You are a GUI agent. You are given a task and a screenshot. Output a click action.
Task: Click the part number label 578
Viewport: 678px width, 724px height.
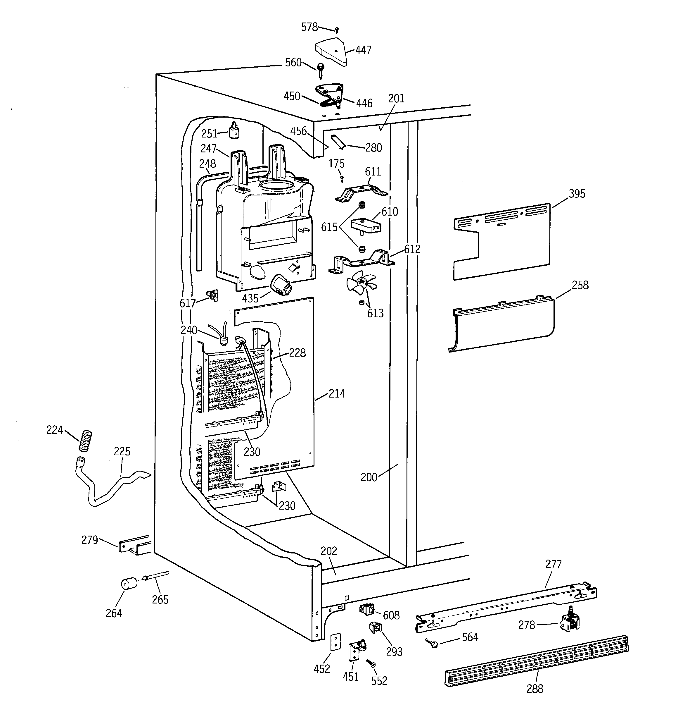tap(309, 27)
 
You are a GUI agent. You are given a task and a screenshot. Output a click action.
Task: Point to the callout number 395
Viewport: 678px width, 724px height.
tap(577, 194)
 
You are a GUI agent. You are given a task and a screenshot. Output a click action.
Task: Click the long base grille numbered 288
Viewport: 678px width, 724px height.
tap(537, 661)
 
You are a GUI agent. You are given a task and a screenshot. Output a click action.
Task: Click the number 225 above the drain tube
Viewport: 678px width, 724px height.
tap(122, 452)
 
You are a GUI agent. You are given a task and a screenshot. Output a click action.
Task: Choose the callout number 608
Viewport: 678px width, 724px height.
tap(391, 615)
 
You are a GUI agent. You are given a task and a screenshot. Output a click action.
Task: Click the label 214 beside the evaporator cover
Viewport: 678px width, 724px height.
tap(337, 394)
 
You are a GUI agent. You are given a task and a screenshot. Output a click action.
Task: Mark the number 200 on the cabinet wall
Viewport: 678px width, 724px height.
tap(369, 477)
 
